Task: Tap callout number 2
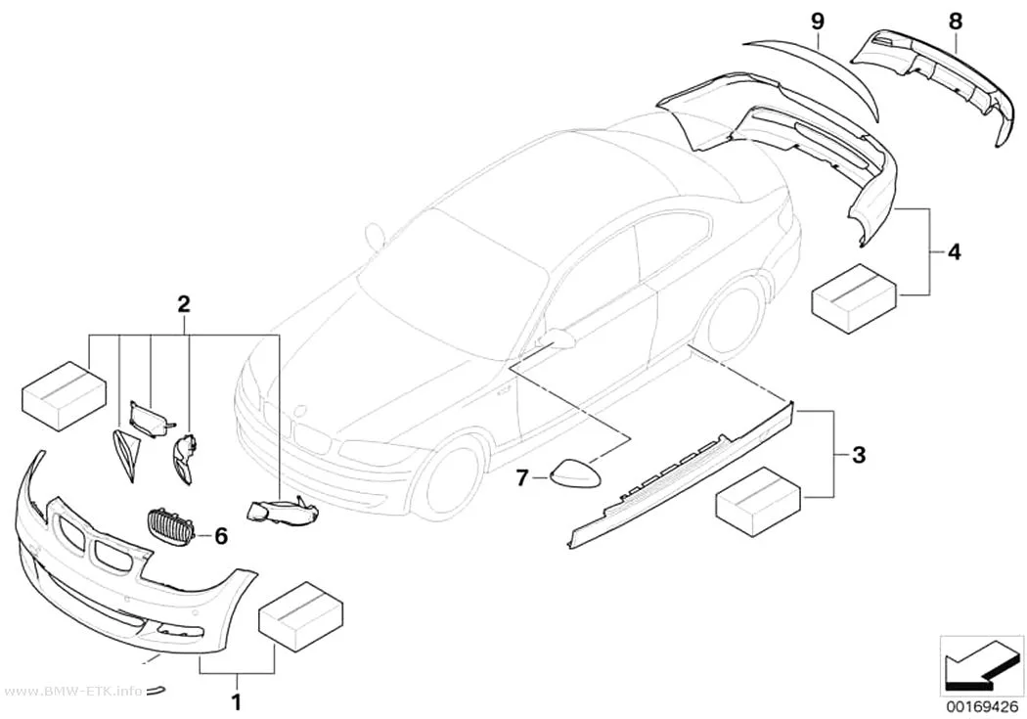click(x=184, y=303)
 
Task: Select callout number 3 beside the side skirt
click(x=859, y=454)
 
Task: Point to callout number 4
click(x=955, y=251)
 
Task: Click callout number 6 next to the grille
click(x=221, y=537)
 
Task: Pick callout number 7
click(x=522, y=478)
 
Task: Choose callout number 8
click(x=956, y=22)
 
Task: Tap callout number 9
click(x=817, y=22)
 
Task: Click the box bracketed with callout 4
click(x=854, y=298)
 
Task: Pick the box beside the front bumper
click(x=302, y=616)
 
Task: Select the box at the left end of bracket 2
click(x=65, y=395)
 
